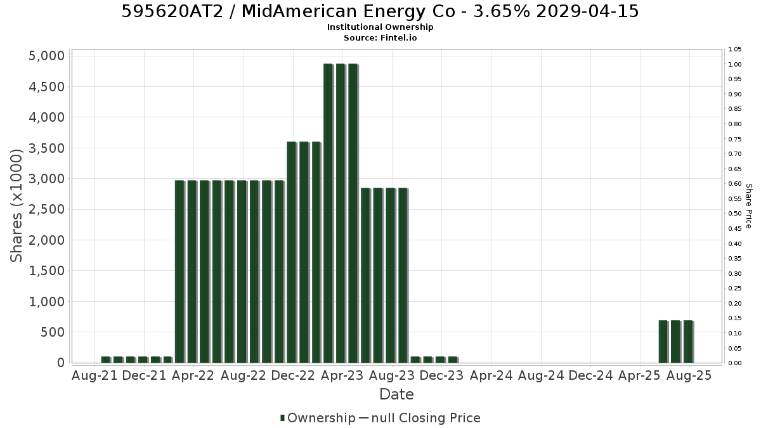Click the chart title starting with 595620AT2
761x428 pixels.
[380, 11]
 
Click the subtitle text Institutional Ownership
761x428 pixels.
[380, 27]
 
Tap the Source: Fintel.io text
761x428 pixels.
[380, 37]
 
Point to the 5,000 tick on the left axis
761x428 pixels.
[46, 56]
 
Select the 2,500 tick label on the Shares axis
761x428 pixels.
[46, 209]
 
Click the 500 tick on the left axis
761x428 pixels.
[53, 332]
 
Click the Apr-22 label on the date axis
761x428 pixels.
[193, 375]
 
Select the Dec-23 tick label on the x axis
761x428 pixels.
[441, 375]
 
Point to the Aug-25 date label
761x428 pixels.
[689, 375]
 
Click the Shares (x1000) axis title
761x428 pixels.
[16, 206]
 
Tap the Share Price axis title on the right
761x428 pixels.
[748, 206]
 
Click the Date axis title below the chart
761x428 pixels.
[396, 394]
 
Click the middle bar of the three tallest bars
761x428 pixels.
[341, 213]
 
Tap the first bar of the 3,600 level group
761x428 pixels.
[292, 252]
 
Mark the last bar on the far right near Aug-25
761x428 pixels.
[688, 342]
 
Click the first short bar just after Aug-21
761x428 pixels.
[106, 360]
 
